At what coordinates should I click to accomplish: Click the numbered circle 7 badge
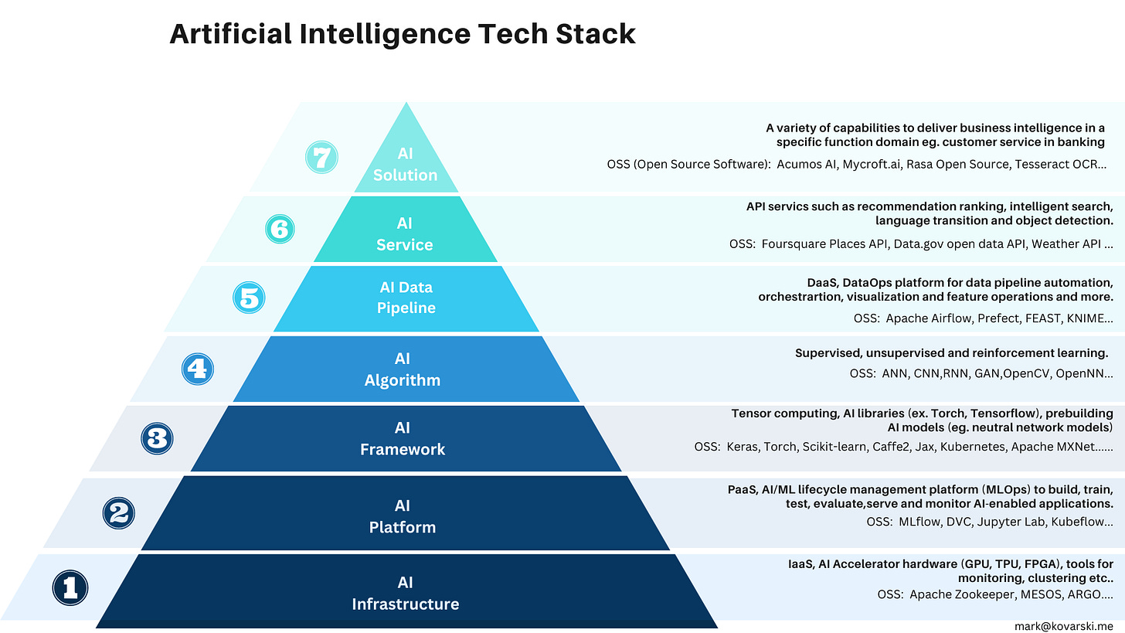(321, 158)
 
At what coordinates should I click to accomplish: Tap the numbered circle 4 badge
(197, 369)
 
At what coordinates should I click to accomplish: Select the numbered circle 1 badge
(70, 588)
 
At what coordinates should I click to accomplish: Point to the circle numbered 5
(249, 298)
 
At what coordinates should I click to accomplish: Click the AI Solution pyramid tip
(405, 165)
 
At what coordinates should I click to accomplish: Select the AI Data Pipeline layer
(406, 298)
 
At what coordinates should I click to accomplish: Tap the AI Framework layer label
(403, 438)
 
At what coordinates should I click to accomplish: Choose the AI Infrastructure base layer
(406, 593)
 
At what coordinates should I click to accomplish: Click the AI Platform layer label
(403, 516)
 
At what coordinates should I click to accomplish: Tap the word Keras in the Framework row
(743, 446)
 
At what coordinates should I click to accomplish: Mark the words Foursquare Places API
(825, 244)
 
